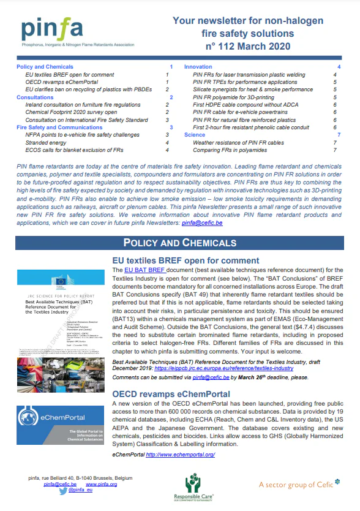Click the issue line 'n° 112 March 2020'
pos(248,45)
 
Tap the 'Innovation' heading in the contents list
pos(198,66)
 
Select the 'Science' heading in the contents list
pos(195,134)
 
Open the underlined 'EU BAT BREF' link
pos(142,270)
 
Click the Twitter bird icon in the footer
pos(63,490)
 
